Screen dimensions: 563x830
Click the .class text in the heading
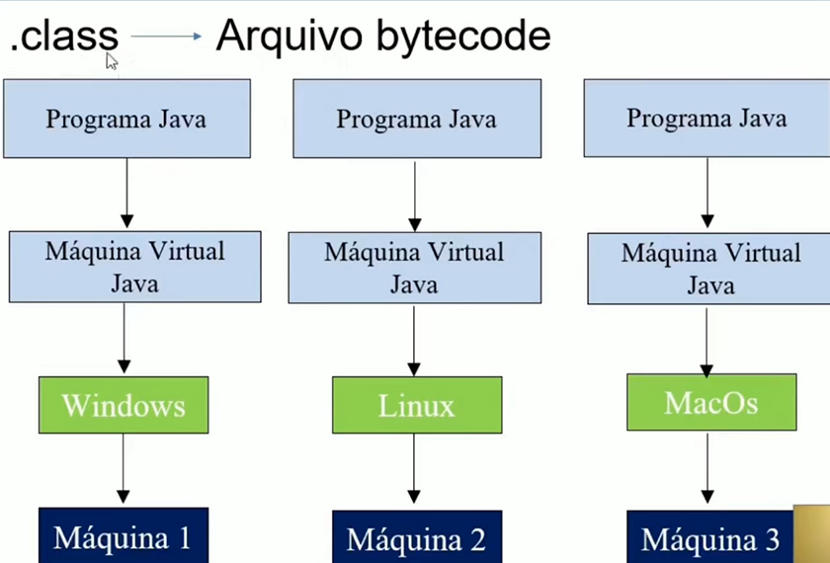pyautogui.click(x=64, y=38)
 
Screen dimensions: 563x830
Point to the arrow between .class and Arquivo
pyautogui.click(x=166, y=38)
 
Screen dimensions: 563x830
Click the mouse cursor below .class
pyautogui.click(x=112, y=61)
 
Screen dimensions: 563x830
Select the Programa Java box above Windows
pyautogui.click(x=126, y=119)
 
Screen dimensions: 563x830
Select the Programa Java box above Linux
pyautogui.click(x=417, y=119)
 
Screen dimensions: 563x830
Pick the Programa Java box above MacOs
pyautogui.click(x=706, y=118)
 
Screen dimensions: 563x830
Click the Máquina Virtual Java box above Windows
pyautogui.click(x=135, y=267)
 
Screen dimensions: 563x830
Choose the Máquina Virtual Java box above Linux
pyautogui.click(x=415, y=267)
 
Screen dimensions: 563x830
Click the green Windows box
pyautogui.click(x=124, y=405)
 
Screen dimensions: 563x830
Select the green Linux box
pyautogui.click(x=417, y=405)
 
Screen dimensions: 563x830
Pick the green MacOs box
pyautogui.click(x=711, y=402)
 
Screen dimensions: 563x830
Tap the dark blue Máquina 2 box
pyautogui.click(x=417, y=538)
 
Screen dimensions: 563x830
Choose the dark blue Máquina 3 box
pyautogui.click(x=710, y=538)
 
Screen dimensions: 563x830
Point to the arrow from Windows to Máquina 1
pyautogui.click(x=124, y=469)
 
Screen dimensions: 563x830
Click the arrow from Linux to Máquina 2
pyautogui.click(x=415, y=470)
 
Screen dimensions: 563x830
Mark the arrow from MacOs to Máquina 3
pyautogui.click(x=707, y=468)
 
